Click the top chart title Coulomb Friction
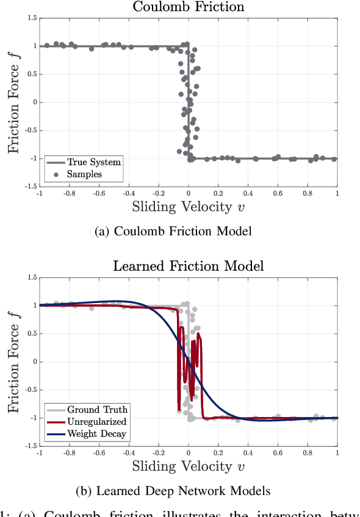click(x=188, y=7)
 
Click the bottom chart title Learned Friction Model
click(x=188, y=266)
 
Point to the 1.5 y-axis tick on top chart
click(x=31, y=19)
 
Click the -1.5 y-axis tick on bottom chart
click(x=30, y=446)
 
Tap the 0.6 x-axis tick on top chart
click(x=278, y=193)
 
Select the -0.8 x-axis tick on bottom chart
click(x=70, y=453)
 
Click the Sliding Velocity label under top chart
click(x=188, y=207)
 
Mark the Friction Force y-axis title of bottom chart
click(x=14, y=362)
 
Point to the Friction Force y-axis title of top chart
click(x=14, y=102)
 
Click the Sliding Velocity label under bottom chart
click(x=188, y=466)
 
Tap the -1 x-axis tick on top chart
click(x=39, y=193)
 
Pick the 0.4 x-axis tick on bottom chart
click(x=248, y=453)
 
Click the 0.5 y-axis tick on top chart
click(x=31, y=74)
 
